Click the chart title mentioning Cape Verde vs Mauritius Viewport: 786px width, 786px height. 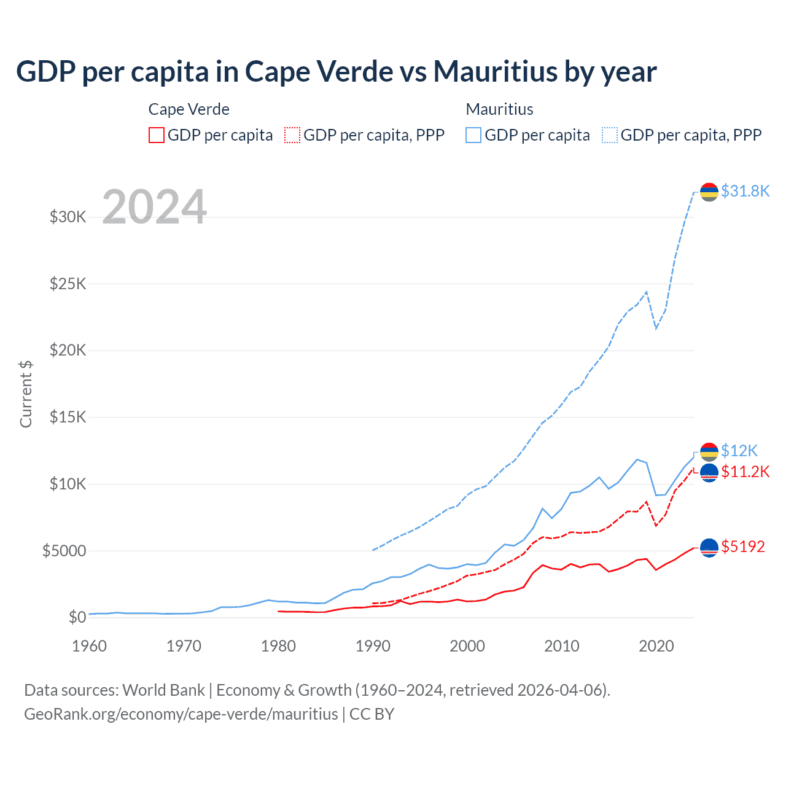click(x=336, y=71)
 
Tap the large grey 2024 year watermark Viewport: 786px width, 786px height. click(x=154, y=207)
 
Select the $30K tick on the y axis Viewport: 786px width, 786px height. click(x=68, y=217)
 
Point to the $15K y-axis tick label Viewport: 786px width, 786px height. click(x=68, y=417)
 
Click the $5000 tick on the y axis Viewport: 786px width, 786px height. click(x=64, y=551)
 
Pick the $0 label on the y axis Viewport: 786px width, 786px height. click(x=77, y=617)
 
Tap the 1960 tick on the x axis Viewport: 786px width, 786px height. click(x=90, y=646)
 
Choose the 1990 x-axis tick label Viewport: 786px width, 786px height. click(x=373, y=646)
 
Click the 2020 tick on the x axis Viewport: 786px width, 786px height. click(x=656, y=646)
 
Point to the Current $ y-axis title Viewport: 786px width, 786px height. click(x=26, y=394)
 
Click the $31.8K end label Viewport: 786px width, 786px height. click(x=745, y=191)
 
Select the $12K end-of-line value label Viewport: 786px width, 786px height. click(x=739, y=451)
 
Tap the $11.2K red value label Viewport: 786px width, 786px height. click(x=745, y=472)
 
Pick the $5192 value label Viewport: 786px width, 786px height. click(x=743, y=547)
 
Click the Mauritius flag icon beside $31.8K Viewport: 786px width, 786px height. click(x=709, y=192)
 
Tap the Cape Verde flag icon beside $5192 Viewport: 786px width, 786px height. click(x=709, y=547)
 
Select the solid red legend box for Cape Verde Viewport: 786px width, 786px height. click(x=157, y=135)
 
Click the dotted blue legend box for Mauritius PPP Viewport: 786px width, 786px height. click(x=610, y=135)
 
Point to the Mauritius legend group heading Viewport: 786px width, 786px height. click(x=499, y=109)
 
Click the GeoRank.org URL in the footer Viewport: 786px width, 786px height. click(x=181, y=714)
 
